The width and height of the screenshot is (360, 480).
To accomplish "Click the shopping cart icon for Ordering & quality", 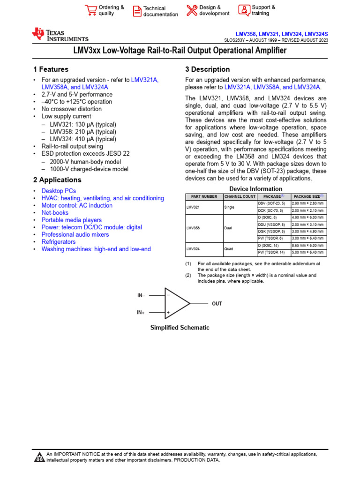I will coord(91,10).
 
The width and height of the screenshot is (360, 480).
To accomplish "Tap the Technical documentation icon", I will coord(137,11).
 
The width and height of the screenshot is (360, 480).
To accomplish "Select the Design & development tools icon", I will coord(192,10).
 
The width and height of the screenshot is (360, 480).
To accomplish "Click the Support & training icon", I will coord(244,10).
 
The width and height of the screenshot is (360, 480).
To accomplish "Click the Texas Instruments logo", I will coord(60,35).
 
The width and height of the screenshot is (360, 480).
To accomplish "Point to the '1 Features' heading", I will coord(51,69).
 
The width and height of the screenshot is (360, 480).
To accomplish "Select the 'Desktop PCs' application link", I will coord(59,191).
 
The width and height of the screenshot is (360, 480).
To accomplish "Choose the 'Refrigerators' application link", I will coord(59,242).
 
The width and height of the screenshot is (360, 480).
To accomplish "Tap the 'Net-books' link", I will coord(55,213).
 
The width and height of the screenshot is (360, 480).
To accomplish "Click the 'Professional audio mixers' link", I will coord(75,234).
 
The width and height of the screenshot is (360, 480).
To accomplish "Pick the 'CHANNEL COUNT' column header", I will coord(240,196).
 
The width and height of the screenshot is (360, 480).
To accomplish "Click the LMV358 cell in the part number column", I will coord(193,229).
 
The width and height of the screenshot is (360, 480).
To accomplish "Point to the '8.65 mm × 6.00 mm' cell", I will coord(308,245).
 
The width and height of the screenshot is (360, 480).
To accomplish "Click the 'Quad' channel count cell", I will coord(229,249).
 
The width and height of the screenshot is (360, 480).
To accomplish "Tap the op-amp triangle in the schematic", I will coord(176,303).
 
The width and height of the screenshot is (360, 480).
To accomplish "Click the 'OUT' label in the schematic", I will coord(217,304).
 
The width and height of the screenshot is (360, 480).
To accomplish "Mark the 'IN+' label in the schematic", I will coord(141,312).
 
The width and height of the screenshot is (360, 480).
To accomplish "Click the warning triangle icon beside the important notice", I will coord(39,457).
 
